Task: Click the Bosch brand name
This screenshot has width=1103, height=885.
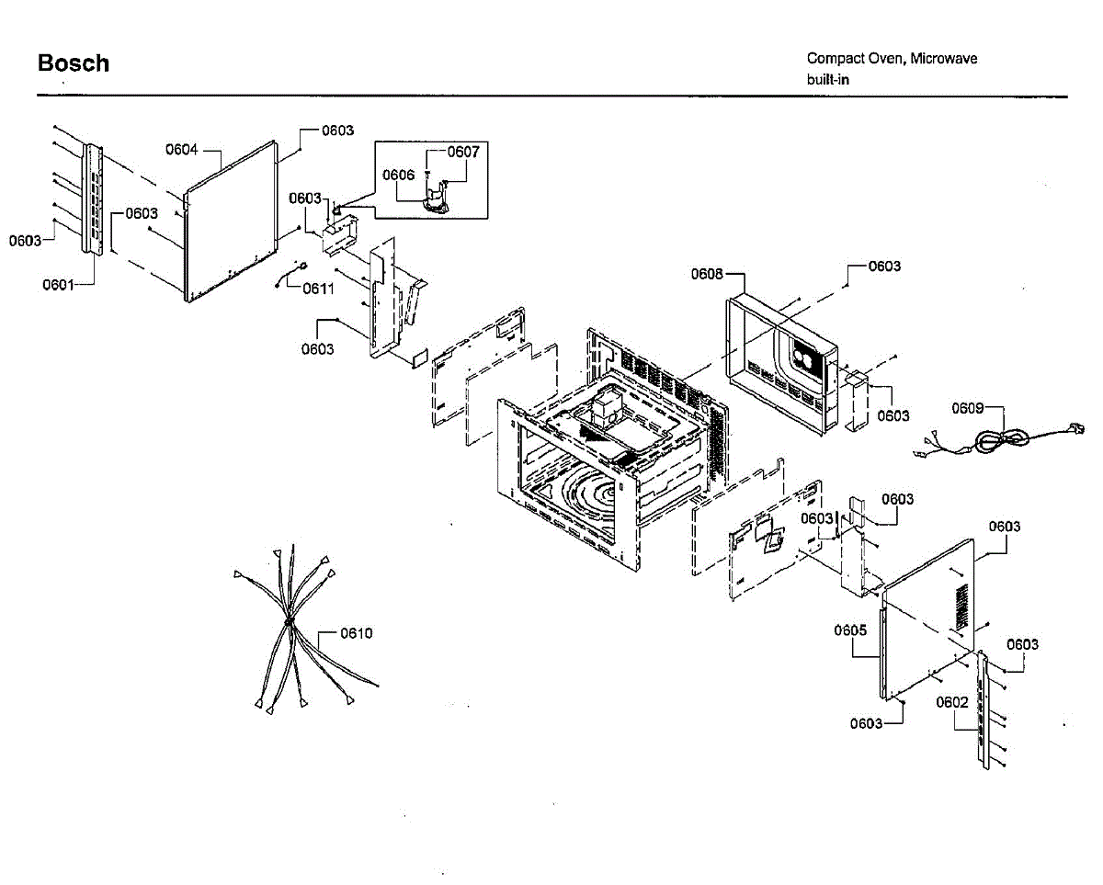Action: pyautogui.click(x=73, y=63)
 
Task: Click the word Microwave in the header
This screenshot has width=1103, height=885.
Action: pyautogui.click(x=944, y=59)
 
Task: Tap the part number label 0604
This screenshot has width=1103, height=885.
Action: pyautogui.click(x=182, y=149)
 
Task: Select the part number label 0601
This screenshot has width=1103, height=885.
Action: pyautogui.click(x=58, y=285)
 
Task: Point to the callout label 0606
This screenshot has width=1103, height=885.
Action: pyautogui.click(x=398, y=175)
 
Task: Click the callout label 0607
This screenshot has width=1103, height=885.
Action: pyautogui.click(x=463, y=153)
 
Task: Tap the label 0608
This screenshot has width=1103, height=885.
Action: pyautogui.click(x=707, y=274)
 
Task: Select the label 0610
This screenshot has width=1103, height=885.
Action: pyautogui.click(x=357, y=633)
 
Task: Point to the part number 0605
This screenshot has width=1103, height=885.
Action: pyautogui.click(x=850, y=630)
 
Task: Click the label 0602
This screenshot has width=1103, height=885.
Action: pyautogui.click(x=952, y=703)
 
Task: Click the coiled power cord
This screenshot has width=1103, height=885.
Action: pyautogui.click(x=996, y=442)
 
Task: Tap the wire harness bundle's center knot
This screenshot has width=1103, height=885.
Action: pyautogui.click(x=288, y=623)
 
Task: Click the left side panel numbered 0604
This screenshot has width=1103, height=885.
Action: pyautogui.click(x=230, y=221)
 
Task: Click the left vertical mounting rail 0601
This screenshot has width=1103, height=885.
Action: pyautogui.click(x=93, y=198)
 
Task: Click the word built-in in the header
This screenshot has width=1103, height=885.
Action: pyautogui.click(x=828, y=80)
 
